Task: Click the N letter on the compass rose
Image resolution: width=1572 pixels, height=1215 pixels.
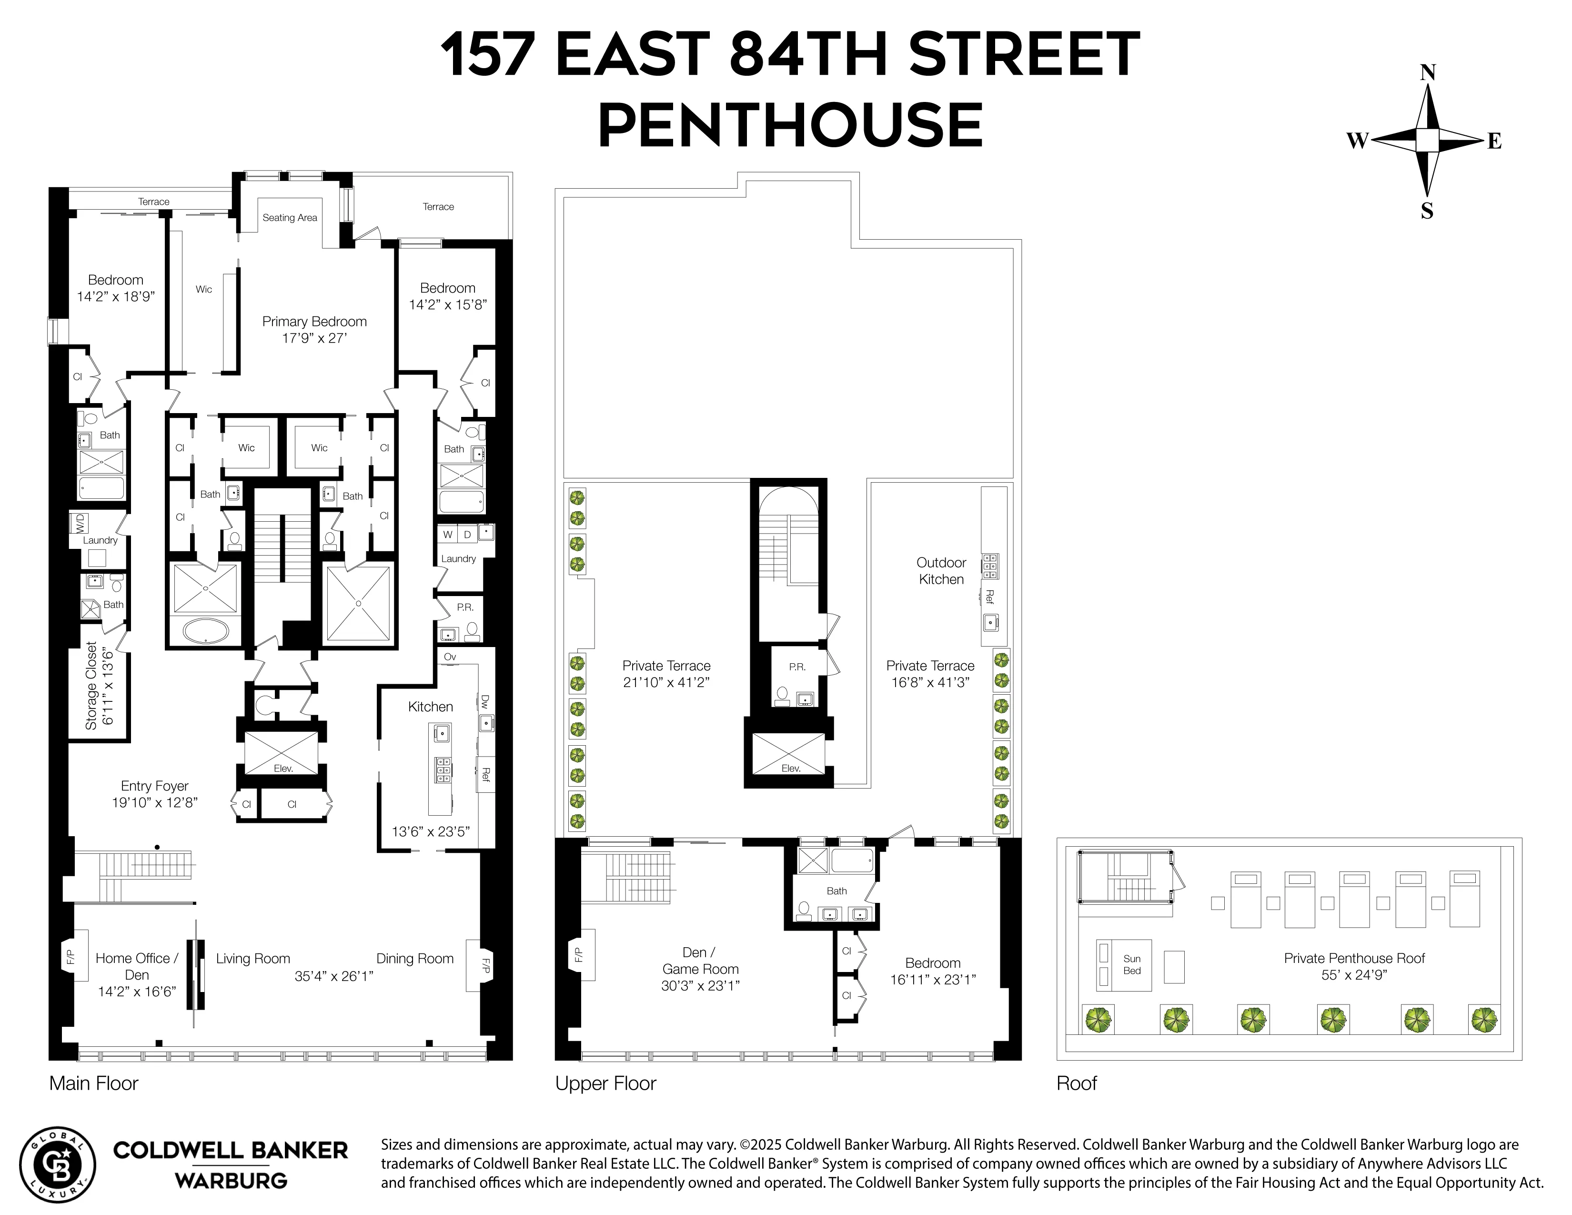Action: click(1427, 73)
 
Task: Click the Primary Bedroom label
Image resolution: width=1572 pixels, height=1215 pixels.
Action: click(314, 322)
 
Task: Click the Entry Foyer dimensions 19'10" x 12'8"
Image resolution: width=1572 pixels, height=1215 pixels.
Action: click(155, 802)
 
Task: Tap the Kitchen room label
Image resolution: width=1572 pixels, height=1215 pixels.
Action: click(431, 707)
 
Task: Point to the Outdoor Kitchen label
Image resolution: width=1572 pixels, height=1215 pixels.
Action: click(941, 571)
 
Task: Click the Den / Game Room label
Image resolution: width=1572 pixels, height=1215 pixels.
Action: click(700, 961)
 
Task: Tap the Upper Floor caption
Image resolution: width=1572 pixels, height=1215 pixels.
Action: click(605, 1083)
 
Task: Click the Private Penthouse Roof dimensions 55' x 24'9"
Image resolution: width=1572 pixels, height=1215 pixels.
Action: click(1354, 974)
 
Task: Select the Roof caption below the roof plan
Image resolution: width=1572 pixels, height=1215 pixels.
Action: click(1076, 1083)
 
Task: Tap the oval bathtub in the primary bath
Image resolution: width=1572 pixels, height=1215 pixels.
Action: click(207, 632)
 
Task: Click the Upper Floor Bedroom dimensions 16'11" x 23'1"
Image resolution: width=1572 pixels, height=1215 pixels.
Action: click(933, 980)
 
